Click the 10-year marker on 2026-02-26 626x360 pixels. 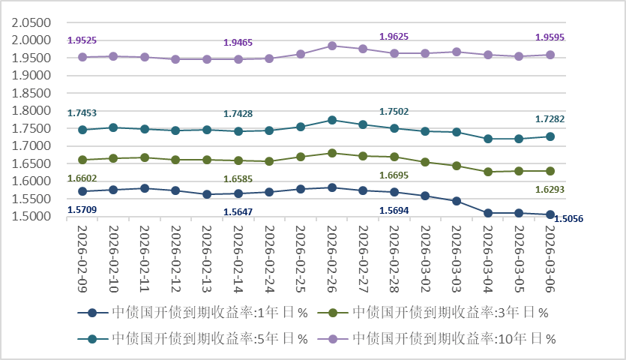click(332, 46)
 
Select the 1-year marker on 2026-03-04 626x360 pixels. click(487, 213)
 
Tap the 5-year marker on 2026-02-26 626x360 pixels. click(332, 120)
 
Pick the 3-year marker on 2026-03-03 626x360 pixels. click(457, 166)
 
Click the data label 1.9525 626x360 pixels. click(82, 40)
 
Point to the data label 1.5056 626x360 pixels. click(568, 219)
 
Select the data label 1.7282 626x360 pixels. click(550, 119)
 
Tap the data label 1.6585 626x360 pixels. click(238, 179)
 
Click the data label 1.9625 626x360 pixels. click(394, 37)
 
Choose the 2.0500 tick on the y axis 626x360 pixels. click(31, 22)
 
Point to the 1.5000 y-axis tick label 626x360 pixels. click(31, 216)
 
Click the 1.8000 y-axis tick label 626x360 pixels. click(31, 111)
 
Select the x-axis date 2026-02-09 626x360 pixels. click(82, 259)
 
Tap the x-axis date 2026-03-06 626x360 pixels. click(550, 259)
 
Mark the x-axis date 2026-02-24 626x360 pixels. click(269, 259)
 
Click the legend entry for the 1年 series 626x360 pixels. click(193, 313)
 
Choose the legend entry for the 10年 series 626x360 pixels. click(437, 339)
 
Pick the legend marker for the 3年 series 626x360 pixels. click(333, 313)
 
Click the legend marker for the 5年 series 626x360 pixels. click(93, 339)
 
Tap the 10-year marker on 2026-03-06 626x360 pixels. click(550, 55)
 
